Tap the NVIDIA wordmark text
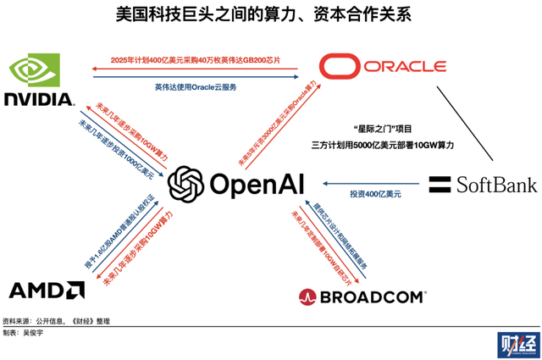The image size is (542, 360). (x=38, y=99)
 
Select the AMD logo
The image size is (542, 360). (x=46, y=291)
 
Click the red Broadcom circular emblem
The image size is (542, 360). (x=307, y=296)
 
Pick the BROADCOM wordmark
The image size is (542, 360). (x=372, y=296)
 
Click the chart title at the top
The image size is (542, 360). (x=270, y=15)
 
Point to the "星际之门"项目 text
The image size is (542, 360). (x=385, y=129)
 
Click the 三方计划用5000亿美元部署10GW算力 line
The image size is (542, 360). (x=385, y=146)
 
